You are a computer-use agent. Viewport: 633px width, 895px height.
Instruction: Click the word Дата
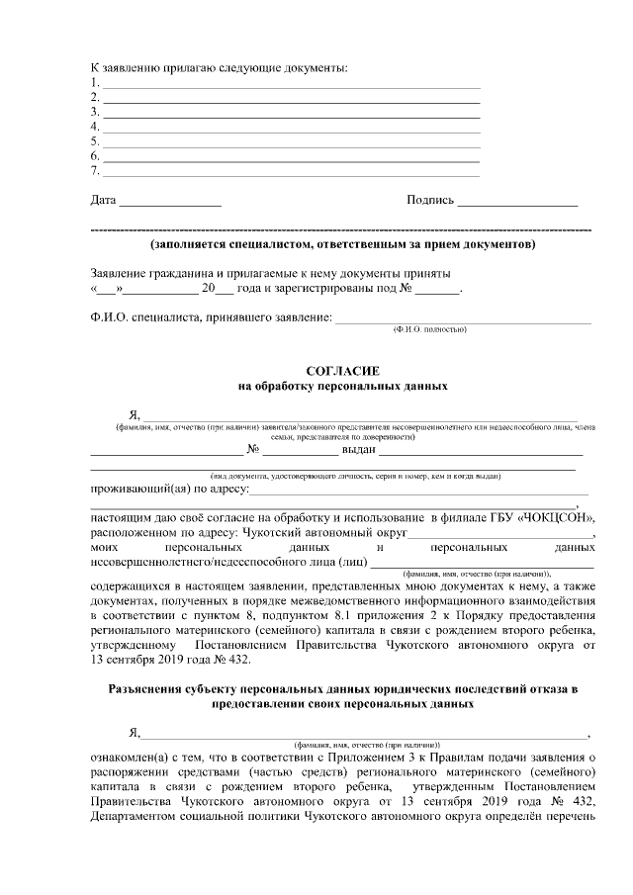tap(103, 201)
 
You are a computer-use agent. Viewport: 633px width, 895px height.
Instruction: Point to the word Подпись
tap(430, 201)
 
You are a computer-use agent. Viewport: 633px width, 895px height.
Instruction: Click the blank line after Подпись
tap(517, 204)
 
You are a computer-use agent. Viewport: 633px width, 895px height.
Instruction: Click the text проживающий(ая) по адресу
tap(167, 489)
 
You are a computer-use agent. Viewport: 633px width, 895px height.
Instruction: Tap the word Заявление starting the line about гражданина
tap(119, 272)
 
